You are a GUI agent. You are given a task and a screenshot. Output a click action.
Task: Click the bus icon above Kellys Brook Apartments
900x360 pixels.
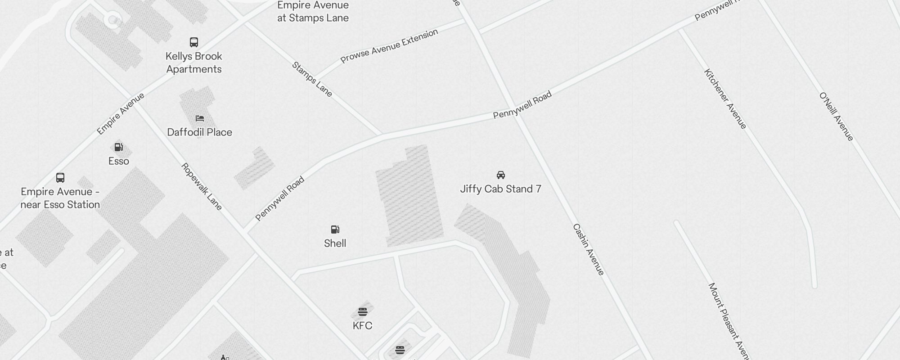pyautogui.click(x=194, y=42)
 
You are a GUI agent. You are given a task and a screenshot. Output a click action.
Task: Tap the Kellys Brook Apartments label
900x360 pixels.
pyautogui.click(x=194, y=63)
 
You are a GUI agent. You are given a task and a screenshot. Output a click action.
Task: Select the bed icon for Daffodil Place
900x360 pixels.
pyautogui.click(x=200, y=118)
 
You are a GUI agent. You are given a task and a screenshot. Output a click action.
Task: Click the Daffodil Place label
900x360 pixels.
pyautogui.click(x=200, y=132)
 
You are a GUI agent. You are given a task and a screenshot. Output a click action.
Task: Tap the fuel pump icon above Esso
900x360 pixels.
pyautogui.click(x=119, y=147)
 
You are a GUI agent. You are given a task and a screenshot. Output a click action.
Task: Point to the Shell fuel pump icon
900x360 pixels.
pyautogui.click(x=335, y=229)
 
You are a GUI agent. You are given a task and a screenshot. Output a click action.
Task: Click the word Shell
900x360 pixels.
pyautogui.click(x=335, y=243)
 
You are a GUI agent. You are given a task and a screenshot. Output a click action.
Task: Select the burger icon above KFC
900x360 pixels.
pyautogui.click(x=363, y=311)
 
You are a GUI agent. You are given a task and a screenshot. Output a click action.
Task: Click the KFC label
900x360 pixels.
pyautogui.click(x=363, y=326)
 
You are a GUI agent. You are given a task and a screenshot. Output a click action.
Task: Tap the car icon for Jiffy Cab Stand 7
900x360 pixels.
pyautogui.click(x=501, y=175)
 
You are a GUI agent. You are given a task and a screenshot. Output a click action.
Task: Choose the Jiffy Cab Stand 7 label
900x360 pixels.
pyautogui.click(x=501, y=189)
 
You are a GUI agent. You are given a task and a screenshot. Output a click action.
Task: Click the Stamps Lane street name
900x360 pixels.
pyautogui.click(x=312, y=79)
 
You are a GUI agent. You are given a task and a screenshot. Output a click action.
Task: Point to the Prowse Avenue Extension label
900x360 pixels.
pyautogui.click(x=389, y=46)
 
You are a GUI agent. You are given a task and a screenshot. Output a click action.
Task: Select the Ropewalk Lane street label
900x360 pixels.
pyautogui.click(x=202, y=186)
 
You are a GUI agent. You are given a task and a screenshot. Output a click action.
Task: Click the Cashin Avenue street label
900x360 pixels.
pyautogui.click(x=589, y=249)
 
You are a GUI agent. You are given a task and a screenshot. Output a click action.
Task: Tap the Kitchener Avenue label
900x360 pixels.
pyautogui.click(x=725, y=99)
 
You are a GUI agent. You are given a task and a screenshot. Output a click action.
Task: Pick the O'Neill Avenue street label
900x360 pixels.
pyautogui.click(x=836, y=117)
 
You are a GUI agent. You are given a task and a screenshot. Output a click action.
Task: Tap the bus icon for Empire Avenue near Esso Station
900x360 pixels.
pyautogui.click(x=60, y=178)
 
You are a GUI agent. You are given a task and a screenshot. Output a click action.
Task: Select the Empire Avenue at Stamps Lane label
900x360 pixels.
pyautogui.click(x=313, y=12)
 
